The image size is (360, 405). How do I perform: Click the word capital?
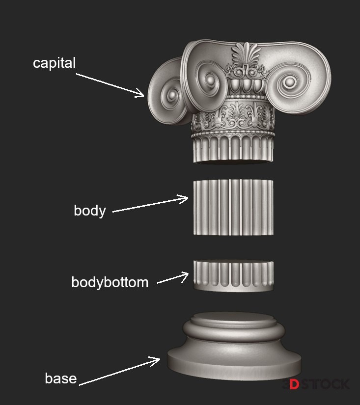(54, 63)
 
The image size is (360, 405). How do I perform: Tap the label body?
(89, 211)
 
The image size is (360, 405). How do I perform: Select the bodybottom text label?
(110, 282)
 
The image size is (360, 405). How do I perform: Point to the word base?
(61, 378)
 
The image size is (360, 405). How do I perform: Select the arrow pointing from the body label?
(150, 205)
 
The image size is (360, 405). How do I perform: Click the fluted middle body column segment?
(233, 207)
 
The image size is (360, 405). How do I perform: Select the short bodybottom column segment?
(233, 275)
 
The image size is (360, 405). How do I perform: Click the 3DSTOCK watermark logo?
(316, 384)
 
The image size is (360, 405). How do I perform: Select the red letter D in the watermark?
(294, 384)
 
